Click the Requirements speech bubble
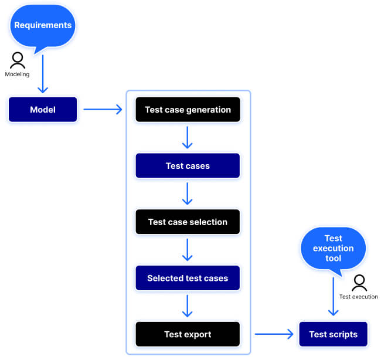click(43, 26)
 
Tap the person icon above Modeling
click(18, 60)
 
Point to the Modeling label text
click(18, 74)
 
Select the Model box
click(43, 110)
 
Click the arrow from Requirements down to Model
click(43, 73)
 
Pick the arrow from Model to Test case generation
click(103, 110)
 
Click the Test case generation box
click(188, 110)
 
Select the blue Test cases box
click(188, 166)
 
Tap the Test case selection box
click(188, 222)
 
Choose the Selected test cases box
click(188, 278)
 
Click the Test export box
click(188, 334)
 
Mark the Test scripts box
click(333, 334)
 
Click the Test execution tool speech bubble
click(333, 248)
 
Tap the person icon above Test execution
click(359, 284)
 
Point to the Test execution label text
click(359, 297)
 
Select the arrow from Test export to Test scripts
click(274, 334)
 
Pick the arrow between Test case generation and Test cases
click(188, 137)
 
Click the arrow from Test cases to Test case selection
click(188, 193)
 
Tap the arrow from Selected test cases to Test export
click(188, 306)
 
